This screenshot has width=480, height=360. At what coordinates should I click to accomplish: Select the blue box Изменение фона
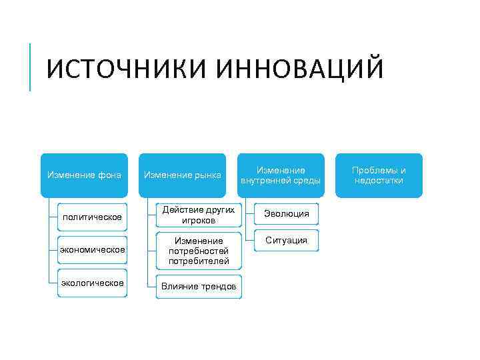(84, 175)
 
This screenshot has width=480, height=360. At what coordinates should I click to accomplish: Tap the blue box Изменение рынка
(183, 175)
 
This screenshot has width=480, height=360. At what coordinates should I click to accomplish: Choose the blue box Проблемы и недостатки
(379, 175)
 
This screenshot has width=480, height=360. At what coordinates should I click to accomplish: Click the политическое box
(92, 217)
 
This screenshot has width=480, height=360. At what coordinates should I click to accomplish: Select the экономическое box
(92, 250)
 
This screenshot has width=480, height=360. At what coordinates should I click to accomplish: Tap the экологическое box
(92, 283)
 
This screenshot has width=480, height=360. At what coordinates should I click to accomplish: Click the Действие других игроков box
(199, 215)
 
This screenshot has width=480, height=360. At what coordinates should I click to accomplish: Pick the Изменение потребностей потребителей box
(199, 250)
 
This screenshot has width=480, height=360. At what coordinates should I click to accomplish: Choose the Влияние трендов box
(199, 287)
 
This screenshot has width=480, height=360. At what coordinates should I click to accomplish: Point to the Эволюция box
(286, 213)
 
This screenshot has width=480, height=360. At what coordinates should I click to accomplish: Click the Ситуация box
(286, 240)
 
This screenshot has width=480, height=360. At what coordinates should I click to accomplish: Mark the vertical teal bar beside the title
(31, 67)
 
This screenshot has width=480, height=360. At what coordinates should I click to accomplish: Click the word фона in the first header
(108, 175)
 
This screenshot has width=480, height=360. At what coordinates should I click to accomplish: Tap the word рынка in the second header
(208, 175)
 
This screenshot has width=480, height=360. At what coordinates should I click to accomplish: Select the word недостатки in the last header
(379, 181)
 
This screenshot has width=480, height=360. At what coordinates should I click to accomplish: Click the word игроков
(199, 220)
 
